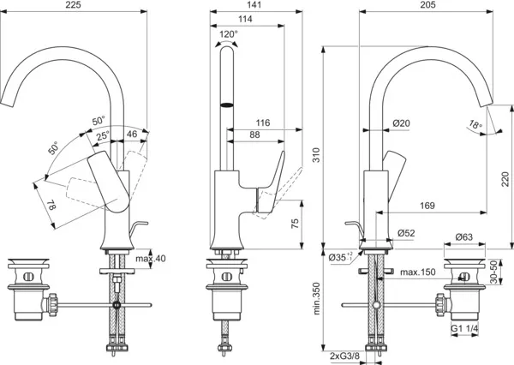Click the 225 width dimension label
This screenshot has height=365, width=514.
(x=73, y=4)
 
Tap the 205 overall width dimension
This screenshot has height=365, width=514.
(x=427, y=4)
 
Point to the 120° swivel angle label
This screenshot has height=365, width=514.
(x=229, y=34)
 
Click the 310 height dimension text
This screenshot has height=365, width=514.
(x=316, y=155)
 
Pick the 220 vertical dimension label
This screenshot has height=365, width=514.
(x=505, y=179)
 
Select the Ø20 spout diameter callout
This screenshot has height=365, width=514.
(x=401, y=123)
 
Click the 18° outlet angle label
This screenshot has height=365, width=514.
(x=475, y=124)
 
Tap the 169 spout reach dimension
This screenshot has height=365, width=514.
(x=427, y=206)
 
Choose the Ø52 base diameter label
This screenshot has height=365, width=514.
(x=406, y=233)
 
